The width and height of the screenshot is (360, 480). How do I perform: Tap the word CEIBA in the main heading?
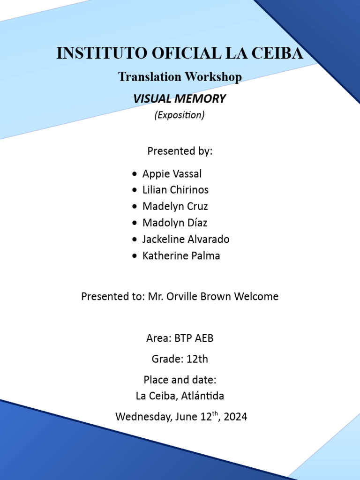coord(277,53)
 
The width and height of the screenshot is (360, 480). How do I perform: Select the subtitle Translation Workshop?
coord(180,76)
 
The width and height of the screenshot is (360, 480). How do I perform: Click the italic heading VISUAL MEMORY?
coord(180,99)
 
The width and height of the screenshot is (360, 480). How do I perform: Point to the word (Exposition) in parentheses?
coord(180,115)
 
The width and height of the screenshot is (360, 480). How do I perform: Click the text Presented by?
coord(180,151)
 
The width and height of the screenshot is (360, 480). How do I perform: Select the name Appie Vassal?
coord(172,174)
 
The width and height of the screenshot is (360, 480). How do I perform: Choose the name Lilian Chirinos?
coord(175,190)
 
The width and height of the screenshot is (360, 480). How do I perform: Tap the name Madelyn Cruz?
coord(175,207)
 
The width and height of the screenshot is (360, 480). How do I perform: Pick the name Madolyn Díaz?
coord(175,223)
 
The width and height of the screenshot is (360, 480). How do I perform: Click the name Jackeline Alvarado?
coord(186,240)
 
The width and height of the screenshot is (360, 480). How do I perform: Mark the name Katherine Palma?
coord(181,256)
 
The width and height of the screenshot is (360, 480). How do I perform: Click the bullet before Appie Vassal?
coord(135,174)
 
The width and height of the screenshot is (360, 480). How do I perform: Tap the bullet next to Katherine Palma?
coord(135,256)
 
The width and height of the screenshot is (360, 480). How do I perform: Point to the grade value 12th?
coord(197,360)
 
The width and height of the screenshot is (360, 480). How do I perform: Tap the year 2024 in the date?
coord(236,417)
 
